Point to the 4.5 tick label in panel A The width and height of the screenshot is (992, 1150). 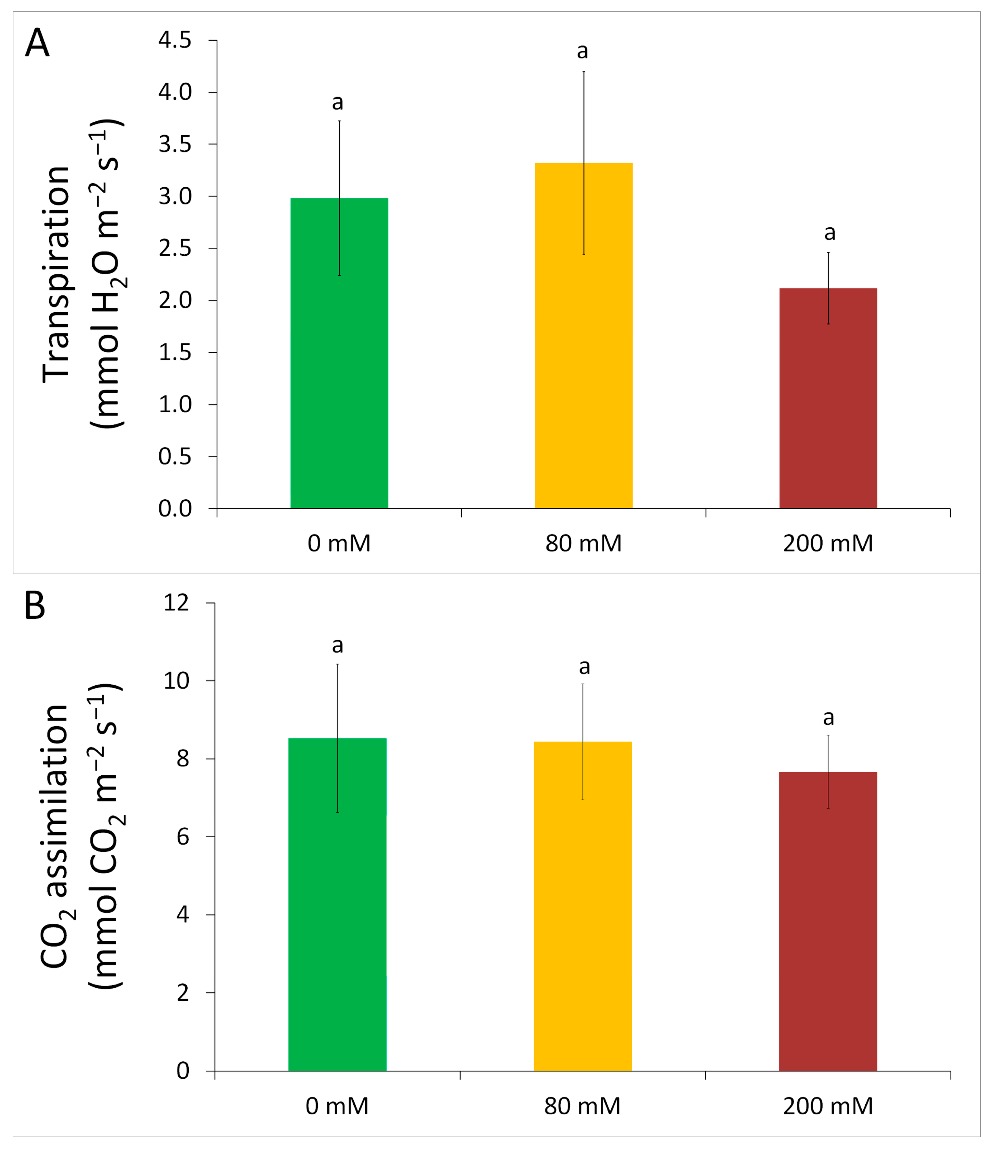[175, 41]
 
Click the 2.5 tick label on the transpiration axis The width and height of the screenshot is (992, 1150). [175, 248]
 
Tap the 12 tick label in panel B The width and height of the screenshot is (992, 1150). [177, 603]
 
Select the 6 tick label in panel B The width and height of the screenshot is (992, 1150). [183, 837]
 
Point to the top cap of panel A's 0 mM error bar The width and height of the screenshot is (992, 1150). [339, 121]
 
